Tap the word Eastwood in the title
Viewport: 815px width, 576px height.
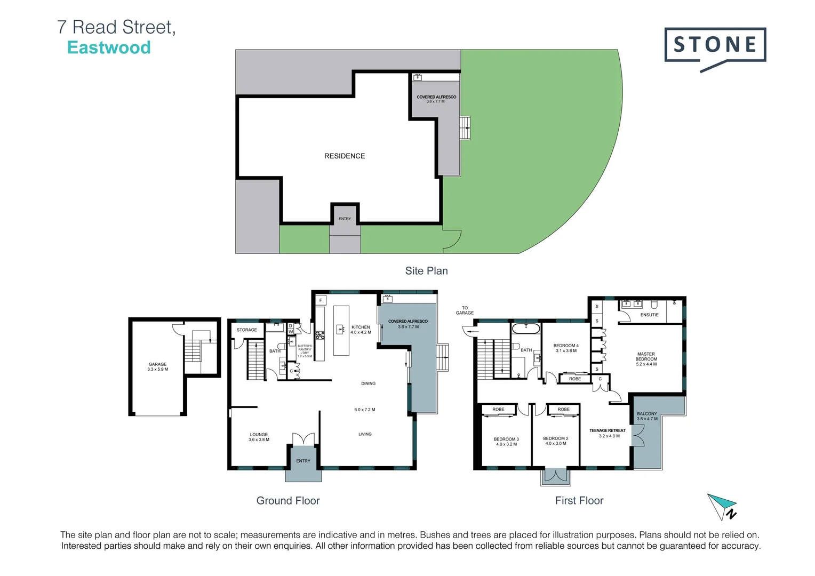click(x=109, y=47)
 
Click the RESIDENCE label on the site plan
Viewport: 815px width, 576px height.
click(x=345, y=156)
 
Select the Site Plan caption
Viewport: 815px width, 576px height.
click(x=426, y=271)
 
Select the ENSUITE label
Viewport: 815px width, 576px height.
click(x=649, y=315)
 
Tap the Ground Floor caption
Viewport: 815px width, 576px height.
click(x=288, y=501)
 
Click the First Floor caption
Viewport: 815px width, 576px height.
click(x=579, y=501)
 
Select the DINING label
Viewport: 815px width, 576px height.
click(x=368, y=383)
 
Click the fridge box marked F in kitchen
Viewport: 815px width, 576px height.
click(x=321, y=300)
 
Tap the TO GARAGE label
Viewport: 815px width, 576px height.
click(x=465, y=310)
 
